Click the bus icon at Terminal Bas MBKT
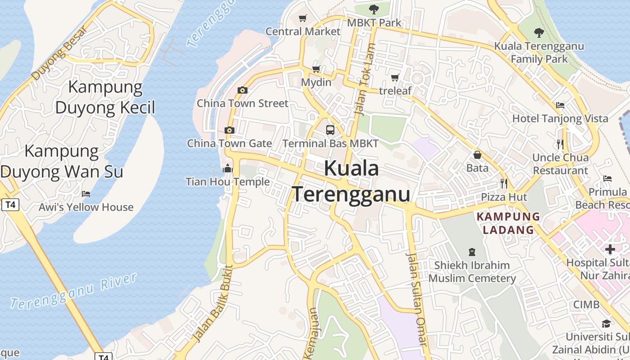(x=330, y=130)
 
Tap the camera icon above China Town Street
(x=243, y=90)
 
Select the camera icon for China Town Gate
(x=229, y=130)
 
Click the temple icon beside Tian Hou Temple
(x=228, y=169)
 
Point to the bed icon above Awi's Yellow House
(x=86, y=194)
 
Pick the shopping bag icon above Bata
(x=477, y=155)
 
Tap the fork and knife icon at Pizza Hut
(x=504, y=184)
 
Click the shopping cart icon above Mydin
(x=316, y=69)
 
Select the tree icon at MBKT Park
(x=373, y=9)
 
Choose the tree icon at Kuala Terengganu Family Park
(x=539, y=32)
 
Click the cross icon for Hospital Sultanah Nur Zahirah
(x=610, y=249)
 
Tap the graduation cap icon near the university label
(x=606, y=324)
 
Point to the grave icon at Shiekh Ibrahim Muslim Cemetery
(x=472, y=252)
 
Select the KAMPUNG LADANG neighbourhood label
(x=508, y=223)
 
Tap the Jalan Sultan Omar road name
(x=417, y=299)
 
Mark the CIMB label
(x=586, y=305)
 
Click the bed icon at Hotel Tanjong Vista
(x=560, y=105)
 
